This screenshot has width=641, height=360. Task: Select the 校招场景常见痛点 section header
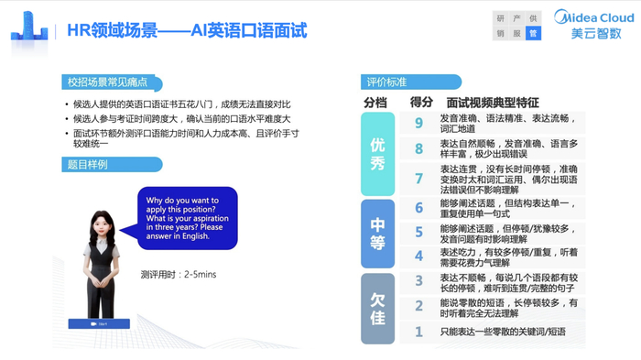108,82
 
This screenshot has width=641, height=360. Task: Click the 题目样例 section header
88,165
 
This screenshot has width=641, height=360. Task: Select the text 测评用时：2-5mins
179,273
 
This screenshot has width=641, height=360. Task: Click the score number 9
418,124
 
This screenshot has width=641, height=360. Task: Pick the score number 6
418,208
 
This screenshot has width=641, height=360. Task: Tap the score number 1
418,331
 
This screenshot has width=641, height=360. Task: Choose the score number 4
418,256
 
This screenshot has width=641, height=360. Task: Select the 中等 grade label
377,232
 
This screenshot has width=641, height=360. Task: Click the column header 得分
421,102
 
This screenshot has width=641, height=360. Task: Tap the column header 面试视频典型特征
493,102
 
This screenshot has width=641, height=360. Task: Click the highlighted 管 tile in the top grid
533,32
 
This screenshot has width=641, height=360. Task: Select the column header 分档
375,102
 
